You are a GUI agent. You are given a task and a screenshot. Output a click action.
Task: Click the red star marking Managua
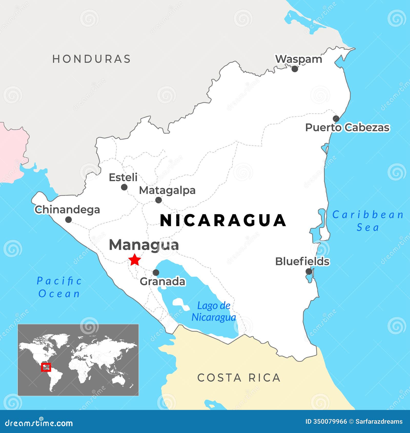[135, 260]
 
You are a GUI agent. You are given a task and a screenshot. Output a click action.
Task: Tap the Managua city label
[144, 245]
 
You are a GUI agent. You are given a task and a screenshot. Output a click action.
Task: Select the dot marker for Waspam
[295, 69]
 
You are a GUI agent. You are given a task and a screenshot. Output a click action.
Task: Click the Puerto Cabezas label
[347, 128]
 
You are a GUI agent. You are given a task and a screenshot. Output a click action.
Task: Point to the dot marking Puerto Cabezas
[336, 119]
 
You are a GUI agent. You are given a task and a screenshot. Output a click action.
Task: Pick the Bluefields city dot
[309, 272]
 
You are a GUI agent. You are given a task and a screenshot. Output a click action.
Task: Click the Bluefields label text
[302, 262]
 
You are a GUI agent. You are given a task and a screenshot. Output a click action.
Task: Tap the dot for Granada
[156, 273]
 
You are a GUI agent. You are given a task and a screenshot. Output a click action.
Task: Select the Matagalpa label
[167, 190]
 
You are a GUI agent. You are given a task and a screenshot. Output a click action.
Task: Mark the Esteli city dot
[124, 187]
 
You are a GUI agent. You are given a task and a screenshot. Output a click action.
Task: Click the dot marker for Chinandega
[68, 220]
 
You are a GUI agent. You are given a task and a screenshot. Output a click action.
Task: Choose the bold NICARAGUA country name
[223, 221]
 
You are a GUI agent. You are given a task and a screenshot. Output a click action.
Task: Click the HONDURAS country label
[91, 59]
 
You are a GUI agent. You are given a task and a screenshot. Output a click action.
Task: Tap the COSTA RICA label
[239, 378]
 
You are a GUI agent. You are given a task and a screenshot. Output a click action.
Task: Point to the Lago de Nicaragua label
[214, 311]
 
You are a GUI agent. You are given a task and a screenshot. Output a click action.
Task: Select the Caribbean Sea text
[368, 221]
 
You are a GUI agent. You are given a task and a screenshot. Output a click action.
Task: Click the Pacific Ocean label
[59, 287]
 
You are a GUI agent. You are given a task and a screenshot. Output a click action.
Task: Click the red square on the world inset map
[46, 367]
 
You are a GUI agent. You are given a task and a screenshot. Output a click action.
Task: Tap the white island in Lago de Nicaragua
[181, 304]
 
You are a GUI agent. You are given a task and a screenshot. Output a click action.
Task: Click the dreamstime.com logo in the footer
[39, 423]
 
